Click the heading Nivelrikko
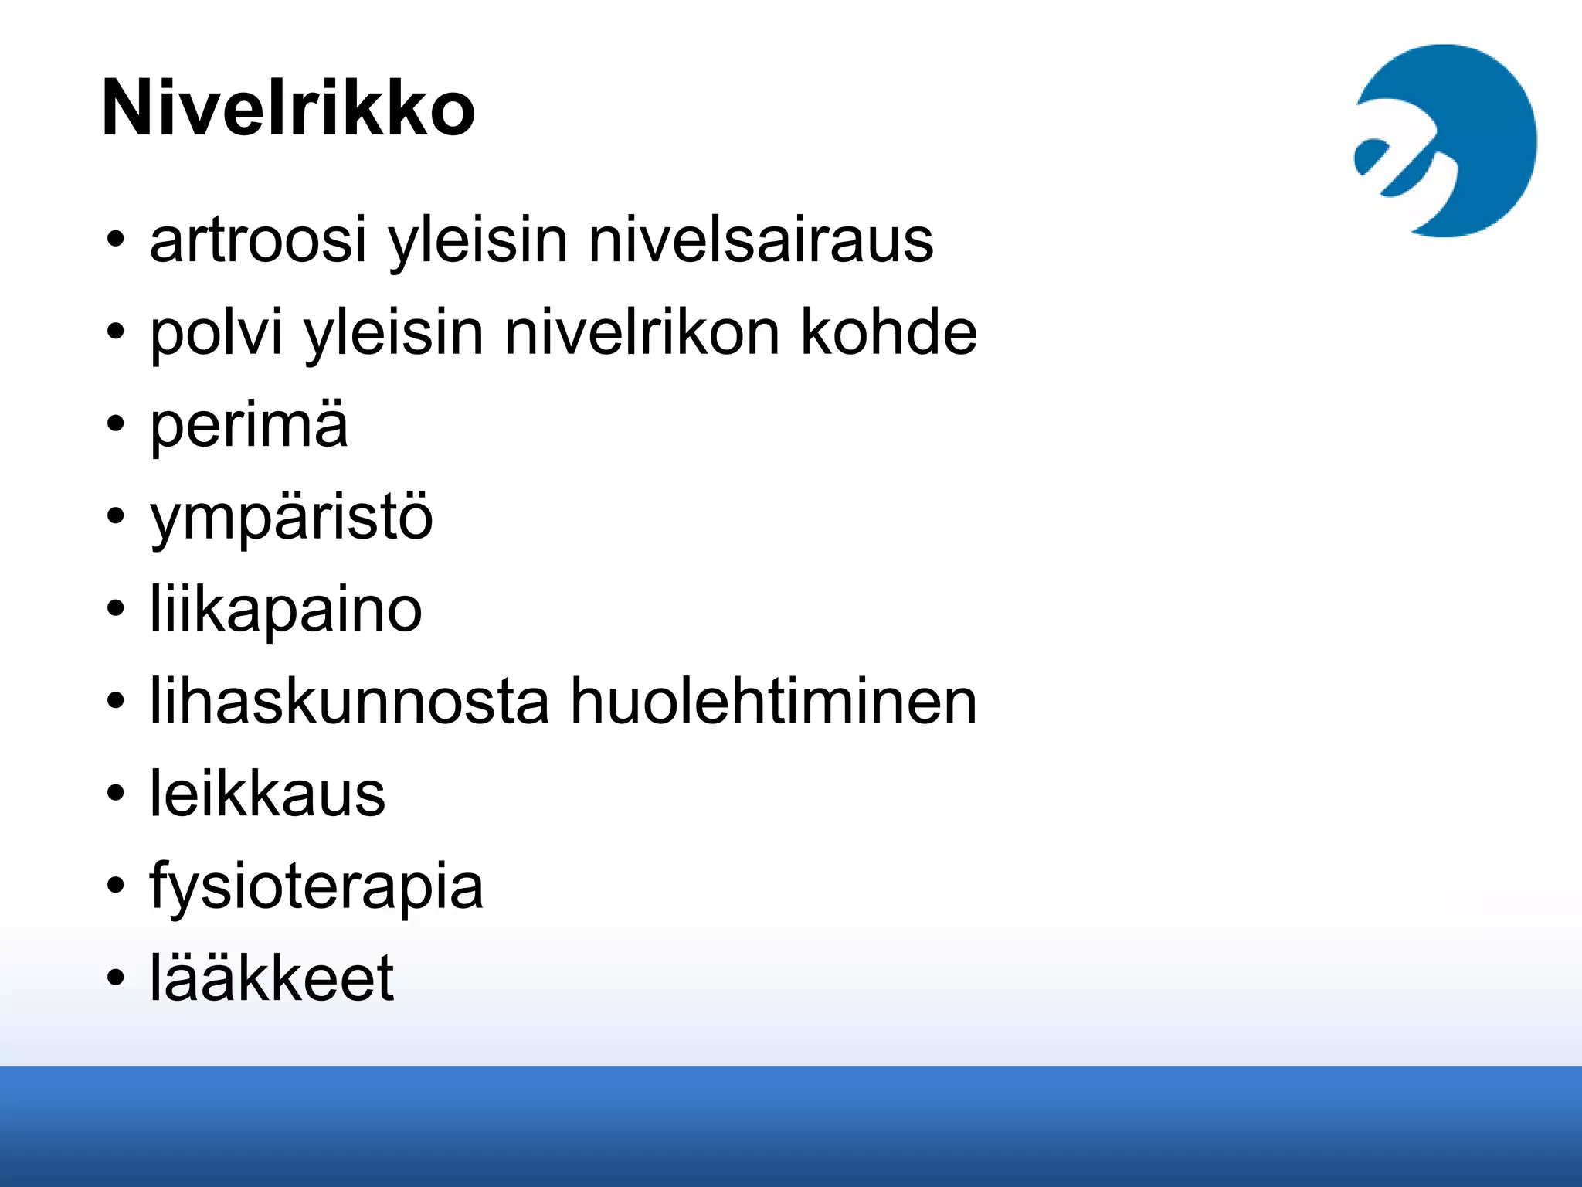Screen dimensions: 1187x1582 click(x=287, y=108)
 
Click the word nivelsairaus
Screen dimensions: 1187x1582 click(x=761, y=240)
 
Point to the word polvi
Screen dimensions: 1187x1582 click(x=216, y=333)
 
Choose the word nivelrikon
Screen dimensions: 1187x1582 click(x=642, y=333)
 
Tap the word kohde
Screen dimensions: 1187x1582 click(x=888, y=333)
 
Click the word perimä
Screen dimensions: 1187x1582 click(x=249, y=426)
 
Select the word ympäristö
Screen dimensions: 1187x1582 click(x=291, y=519)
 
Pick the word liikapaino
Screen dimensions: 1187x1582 click(x=286, y=611)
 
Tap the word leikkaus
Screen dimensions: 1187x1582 click(x=267, y=794)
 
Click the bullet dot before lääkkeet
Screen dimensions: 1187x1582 click(x=116, y=978)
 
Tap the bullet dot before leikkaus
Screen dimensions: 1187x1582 click(x=116, y=793)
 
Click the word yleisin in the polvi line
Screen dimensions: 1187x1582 click(x=393, y=333)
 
